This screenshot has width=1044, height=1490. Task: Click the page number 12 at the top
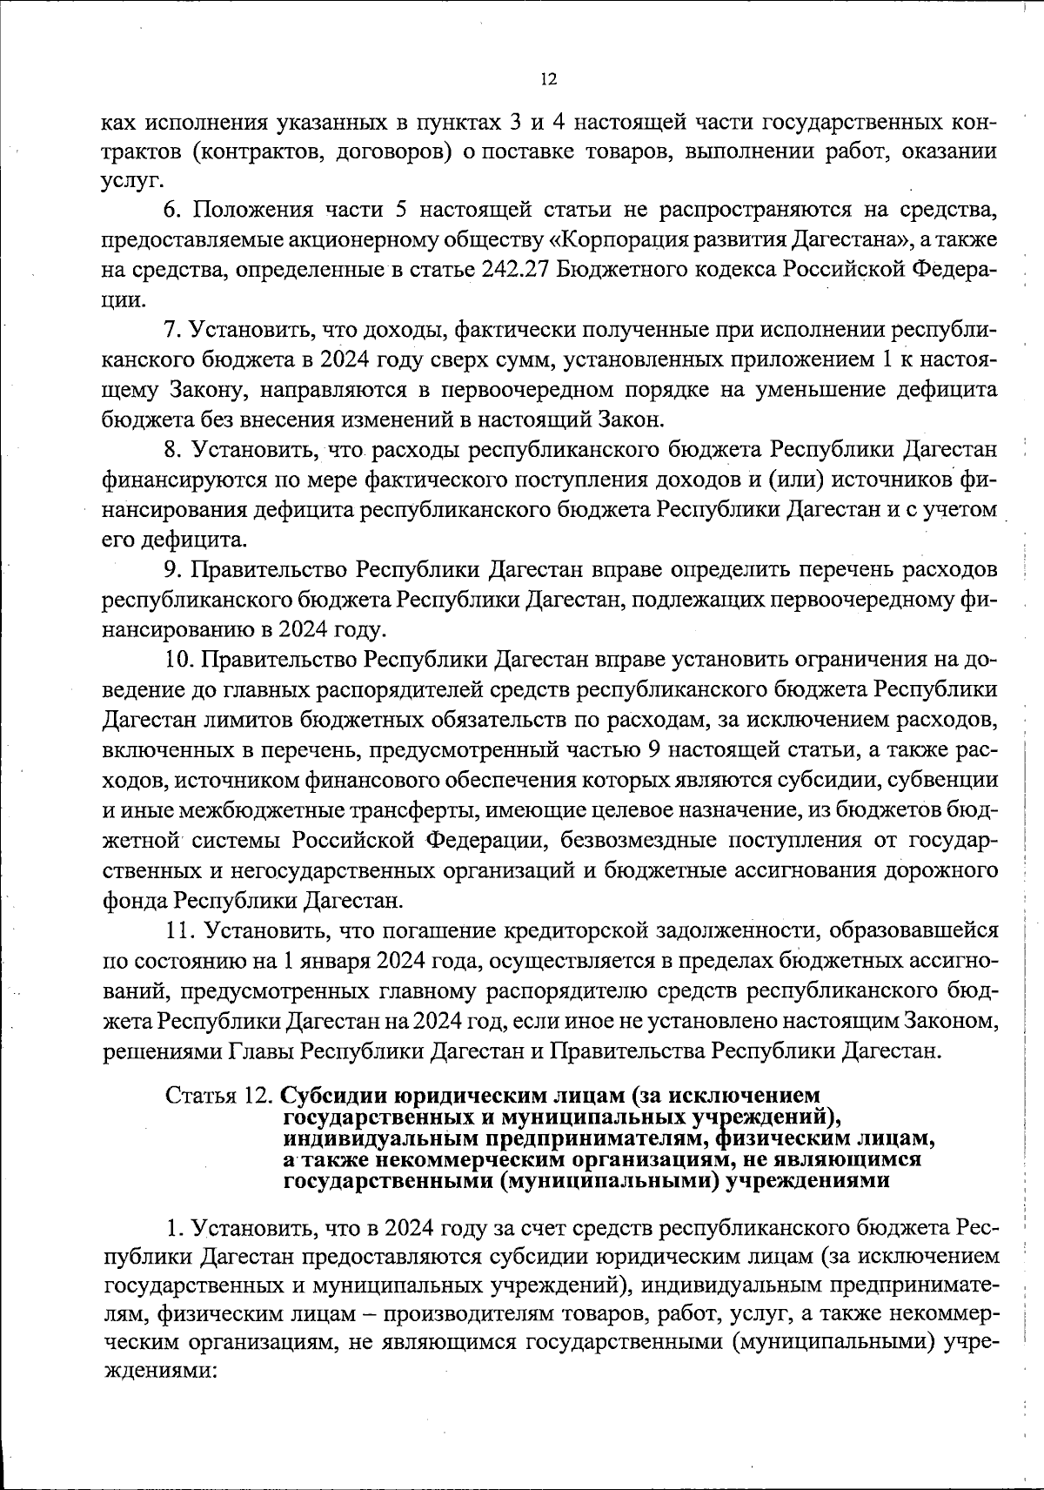pyautogui.click(x=548, y=79)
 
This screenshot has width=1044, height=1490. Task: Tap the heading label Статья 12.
pyautogui.click(x=220, y=1095)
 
